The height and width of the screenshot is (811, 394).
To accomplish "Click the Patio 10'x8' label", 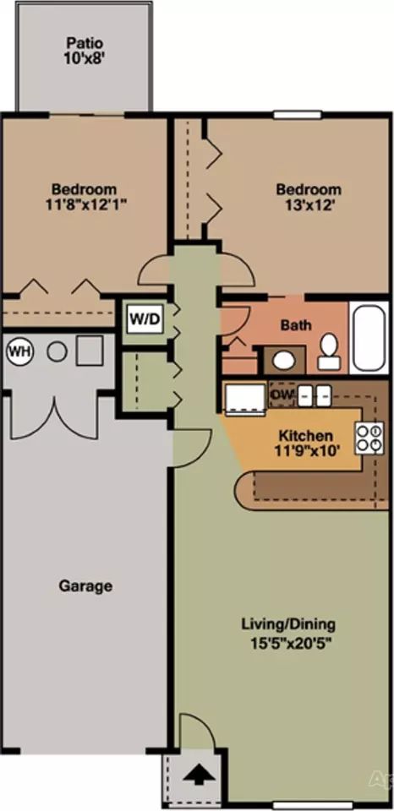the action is pos(85,50).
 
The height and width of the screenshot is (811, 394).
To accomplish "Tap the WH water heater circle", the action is pos(19,353).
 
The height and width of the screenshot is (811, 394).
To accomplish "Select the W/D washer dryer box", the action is pos(145,318).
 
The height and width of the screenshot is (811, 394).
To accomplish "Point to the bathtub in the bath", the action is pos(369,336).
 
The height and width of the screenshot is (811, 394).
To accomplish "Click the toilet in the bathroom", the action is pos(328,351).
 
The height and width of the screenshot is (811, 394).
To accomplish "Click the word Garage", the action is pos(85,586).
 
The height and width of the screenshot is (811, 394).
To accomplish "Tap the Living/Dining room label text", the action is pos(287,624).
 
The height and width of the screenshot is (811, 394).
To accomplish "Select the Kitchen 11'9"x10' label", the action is pos(307,443).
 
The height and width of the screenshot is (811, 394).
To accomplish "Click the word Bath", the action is pos(296,325).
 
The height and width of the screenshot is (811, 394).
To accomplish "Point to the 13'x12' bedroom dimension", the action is pos(309,204).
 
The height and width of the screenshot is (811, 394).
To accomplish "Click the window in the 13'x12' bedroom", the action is pos(298,115).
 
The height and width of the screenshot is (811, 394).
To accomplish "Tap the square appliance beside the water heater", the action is pos(89,351).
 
